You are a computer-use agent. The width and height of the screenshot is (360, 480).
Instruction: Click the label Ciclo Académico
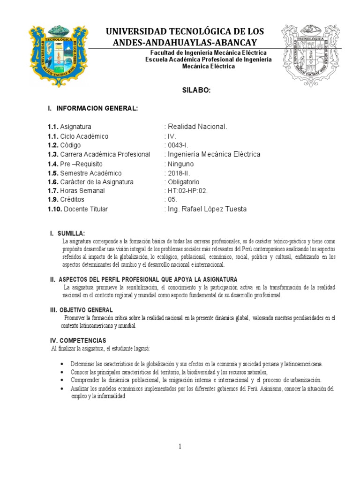click(x=84, y=136)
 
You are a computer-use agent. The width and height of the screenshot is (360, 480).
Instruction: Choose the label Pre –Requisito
click(x=81, y=164)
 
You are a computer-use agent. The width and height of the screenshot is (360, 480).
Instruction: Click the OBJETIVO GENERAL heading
click(x=85, y=310)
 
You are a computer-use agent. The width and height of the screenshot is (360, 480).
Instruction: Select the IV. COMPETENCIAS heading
click(x=78, y=340)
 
